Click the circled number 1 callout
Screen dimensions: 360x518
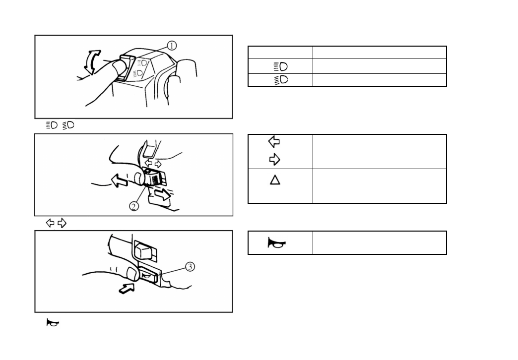tap(171, 46)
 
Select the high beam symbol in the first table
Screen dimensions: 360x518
tap(280, 66)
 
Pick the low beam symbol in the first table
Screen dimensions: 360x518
tap(280, 79)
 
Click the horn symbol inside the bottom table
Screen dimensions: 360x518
tap(277, 243)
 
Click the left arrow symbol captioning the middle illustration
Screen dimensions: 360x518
tap(50, 223)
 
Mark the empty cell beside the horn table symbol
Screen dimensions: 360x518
tap(379, 243)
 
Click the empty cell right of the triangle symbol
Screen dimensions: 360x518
tap(379, 186)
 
